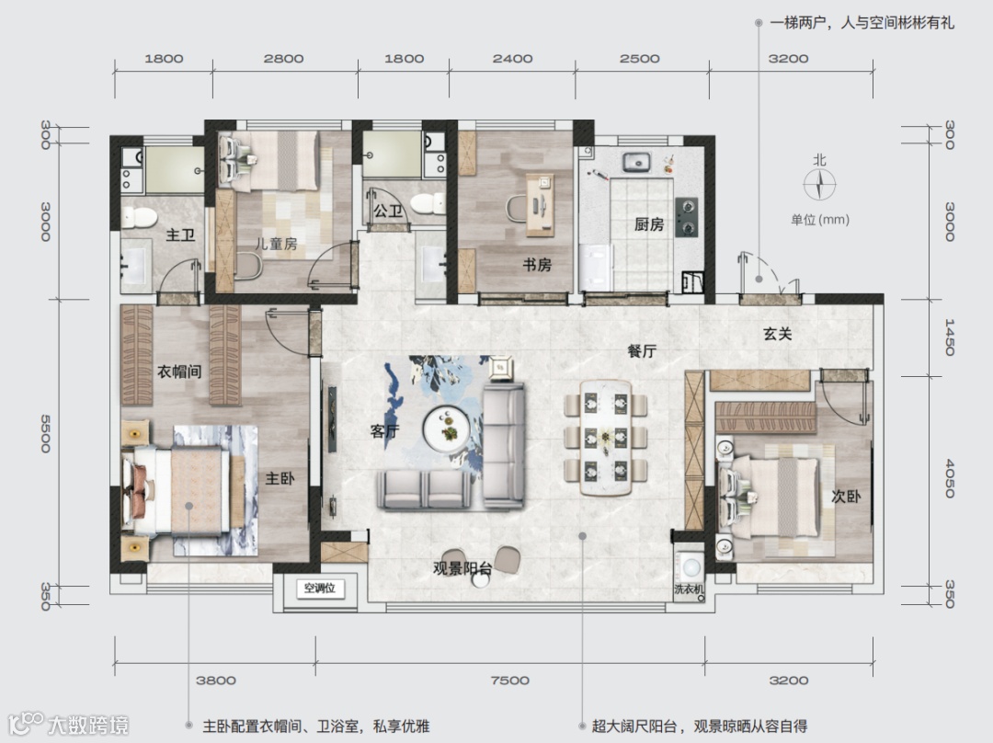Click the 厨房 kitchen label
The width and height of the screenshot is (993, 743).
(x=648, y=225)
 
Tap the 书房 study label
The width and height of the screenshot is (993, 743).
(x=537, y=265)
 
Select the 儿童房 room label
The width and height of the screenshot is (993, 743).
(x=276, y=244)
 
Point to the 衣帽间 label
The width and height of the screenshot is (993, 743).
(x=179, y=371)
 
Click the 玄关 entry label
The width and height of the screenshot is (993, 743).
(x=778, y=334)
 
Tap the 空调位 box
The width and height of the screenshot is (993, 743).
(x=320, y=589)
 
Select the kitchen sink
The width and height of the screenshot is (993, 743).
(x=636, y=162)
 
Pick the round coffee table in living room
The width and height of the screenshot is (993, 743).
(x=446, y=428)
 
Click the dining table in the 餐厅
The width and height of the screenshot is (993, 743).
(x=605, y=438)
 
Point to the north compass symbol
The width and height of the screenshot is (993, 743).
(x=820, y=185)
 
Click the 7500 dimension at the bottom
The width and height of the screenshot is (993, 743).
(x=509, y=680)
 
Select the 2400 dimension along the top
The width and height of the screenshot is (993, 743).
(x=512, y=59)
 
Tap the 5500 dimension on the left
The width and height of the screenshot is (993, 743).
(x=46, y=434)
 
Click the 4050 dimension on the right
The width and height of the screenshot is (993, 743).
(x=949, y=479)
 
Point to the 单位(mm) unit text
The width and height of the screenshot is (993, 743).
(x=820, y=220)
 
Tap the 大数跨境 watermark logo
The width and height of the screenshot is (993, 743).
(x=68, y=724)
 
